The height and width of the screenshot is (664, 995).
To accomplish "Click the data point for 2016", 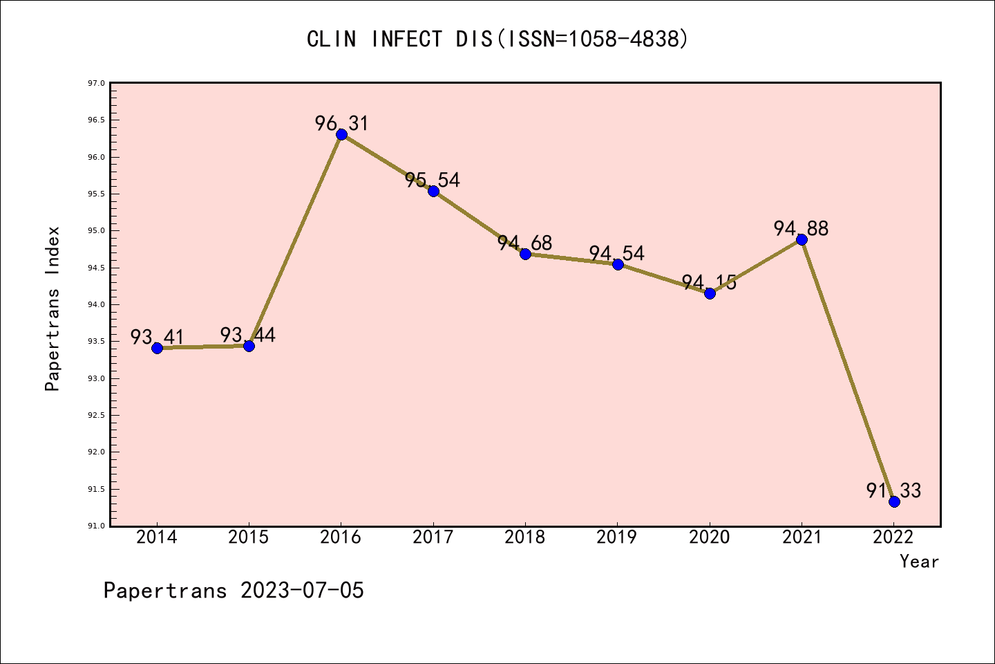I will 341,134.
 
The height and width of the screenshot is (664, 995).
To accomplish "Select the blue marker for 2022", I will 894,501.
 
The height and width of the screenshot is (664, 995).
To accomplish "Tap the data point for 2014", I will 157,348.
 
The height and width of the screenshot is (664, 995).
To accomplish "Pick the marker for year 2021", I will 802,240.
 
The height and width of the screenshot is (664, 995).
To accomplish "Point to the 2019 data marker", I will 618,264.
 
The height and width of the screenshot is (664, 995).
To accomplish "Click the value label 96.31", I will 341,124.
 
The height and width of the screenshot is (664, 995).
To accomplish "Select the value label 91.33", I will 893,491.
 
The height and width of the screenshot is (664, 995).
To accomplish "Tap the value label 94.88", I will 801,229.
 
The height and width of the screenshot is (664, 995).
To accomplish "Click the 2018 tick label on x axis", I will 525,537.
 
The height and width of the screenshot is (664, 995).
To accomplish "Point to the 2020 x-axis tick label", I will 710,537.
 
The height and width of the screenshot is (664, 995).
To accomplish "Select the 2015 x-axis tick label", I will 249,537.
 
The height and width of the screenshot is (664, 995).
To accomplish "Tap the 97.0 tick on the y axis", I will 96,84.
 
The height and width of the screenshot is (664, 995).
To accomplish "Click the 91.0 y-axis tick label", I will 96,526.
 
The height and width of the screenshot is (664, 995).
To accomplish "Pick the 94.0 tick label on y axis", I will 96,305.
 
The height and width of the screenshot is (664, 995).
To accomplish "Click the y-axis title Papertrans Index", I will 53,308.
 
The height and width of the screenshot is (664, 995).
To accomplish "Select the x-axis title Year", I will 919,562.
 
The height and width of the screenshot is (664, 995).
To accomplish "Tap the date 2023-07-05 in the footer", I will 302,591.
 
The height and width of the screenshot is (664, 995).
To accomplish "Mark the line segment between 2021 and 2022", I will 848,371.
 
